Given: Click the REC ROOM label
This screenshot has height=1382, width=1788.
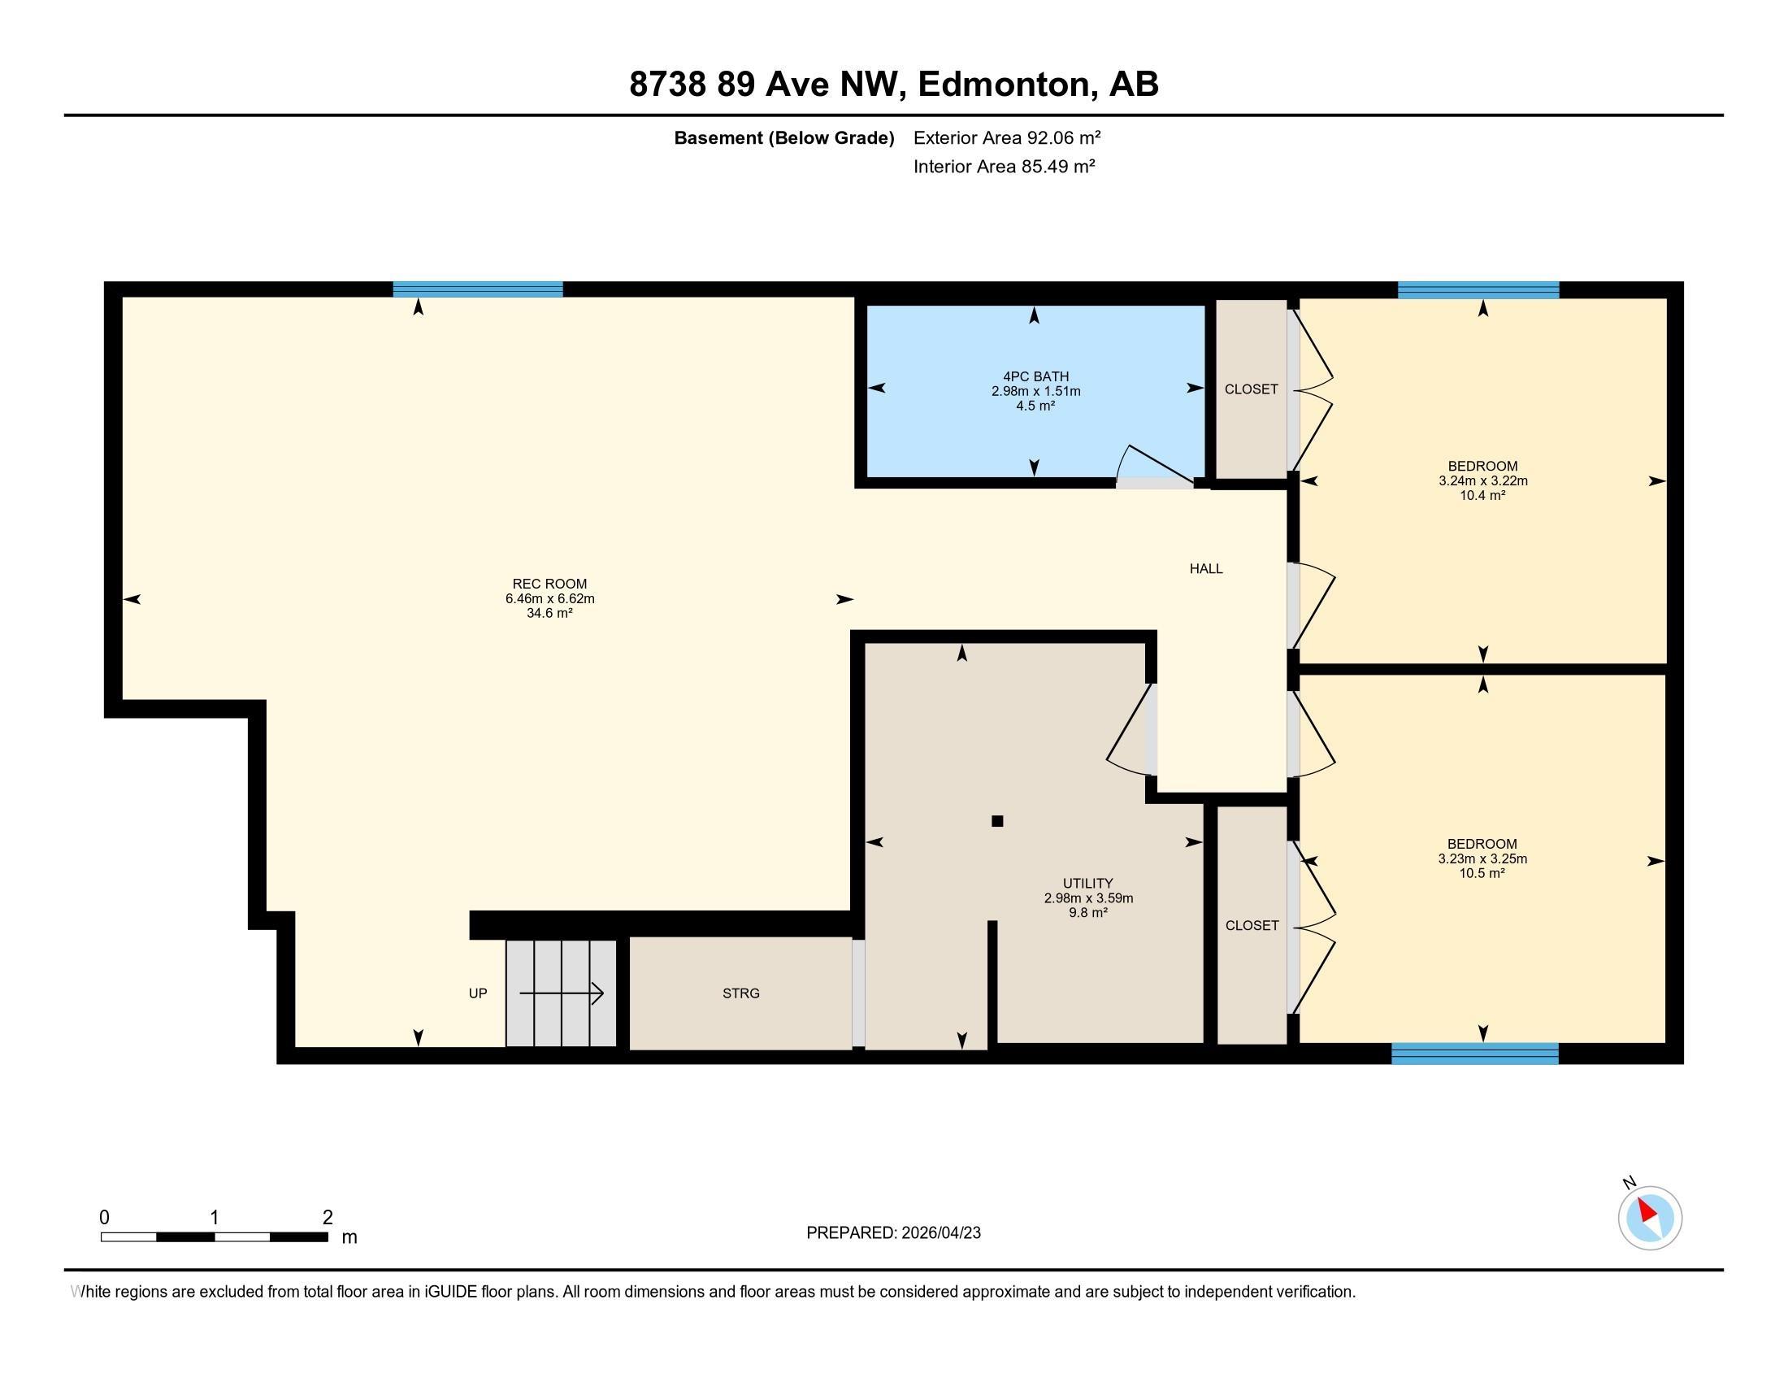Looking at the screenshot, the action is tap(549, 584).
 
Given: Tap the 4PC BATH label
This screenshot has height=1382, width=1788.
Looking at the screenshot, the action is tap(1035, 376).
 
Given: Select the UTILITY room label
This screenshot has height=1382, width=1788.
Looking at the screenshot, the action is tap(1088, 884).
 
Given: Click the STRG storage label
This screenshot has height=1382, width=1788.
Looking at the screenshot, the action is tap(741, 993).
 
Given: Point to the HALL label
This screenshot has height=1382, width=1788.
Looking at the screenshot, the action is tap(1206, 568).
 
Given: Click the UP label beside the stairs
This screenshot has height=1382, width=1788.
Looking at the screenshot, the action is tap(478, 993).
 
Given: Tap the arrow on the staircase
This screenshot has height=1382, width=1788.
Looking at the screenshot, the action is tap(562, 994).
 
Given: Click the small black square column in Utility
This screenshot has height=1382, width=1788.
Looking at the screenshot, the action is tap(997, 821).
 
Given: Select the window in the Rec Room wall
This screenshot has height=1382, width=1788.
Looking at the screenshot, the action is tap(478, 289).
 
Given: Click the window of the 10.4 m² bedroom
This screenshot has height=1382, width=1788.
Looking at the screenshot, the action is tap(1478, 290).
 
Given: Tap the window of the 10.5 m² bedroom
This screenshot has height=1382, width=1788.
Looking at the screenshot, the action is tap(1474, 1054).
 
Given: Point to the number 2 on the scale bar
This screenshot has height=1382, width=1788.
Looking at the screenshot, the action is tap(328, 1218).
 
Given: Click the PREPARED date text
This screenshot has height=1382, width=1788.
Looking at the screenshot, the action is tap(893, 1232).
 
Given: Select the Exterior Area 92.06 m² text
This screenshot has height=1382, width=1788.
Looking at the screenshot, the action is tap(1007, 137).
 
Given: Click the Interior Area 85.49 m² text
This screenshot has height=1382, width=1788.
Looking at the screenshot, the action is tap(1005, 166).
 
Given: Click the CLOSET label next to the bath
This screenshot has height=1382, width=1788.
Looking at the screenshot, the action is tap(1251, 389).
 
